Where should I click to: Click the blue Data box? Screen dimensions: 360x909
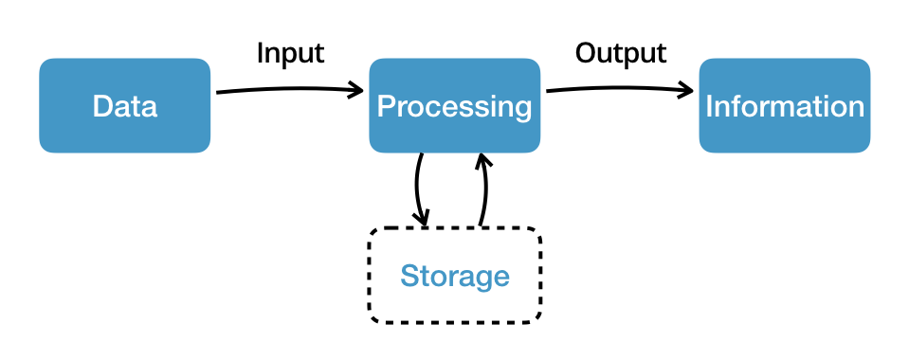[x=124, y=105]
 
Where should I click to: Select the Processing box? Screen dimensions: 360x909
[x=454, y=105]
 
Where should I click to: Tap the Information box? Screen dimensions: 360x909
[x=784, y=105]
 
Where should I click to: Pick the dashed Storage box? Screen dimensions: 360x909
[x=454, y=276]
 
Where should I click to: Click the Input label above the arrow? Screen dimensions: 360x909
[x=290, y=53]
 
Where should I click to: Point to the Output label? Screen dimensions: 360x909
[x=621, y=52]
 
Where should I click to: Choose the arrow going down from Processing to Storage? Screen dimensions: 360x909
[x=417, y=189]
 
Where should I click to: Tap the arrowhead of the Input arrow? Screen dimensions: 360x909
[x=357, y=91]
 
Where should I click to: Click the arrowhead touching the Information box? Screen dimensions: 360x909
[x=687, y=91]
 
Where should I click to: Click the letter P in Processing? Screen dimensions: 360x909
[x=386, y=106]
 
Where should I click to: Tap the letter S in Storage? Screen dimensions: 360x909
[x=409, y=277]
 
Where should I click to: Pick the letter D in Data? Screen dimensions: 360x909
[x=101, y=106]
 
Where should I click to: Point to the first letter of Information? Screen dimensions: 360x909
[x=709, y=106]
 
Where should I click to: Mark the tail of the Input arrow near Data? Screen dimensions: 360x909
[x=220, y=93]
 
